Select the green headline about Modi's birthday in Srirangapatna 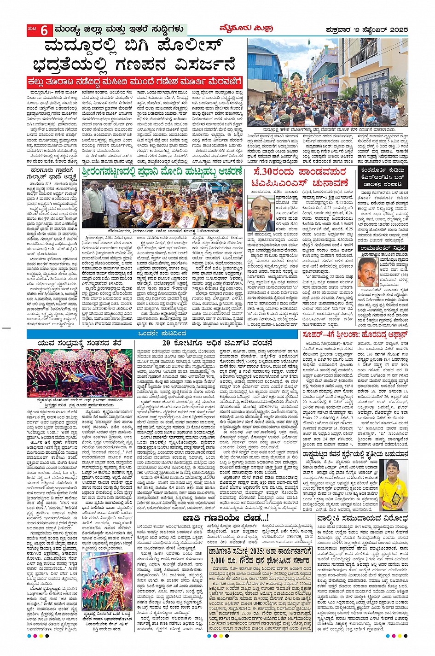coord(162,172)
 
